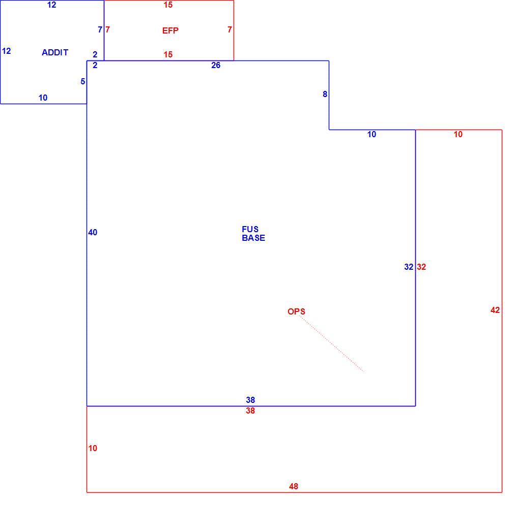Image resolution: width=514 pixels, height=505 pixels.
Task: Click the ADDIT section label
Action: pos(55,52)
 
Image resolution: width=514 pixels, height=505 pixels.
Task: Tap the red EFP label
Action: pos(170,30)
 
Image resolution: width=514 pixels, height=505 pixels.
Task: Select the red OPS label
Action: pos(296,311)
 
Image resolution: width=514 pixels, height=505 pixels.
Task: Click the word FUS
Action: pos(250,229)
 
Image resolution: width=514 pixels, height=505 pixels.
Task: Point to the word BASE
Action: pos(253,238)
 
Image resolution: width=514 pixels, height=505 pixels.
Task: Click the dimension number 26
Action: pos(216,66)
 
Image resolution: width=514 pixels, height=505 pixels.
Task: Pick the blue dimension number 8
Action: pos(325,94)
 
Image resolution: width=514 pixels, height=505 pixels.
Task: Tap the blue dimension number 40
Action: pos(93,232)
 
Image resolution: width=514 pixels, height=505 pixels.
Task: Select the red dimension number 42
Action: pos(495,310)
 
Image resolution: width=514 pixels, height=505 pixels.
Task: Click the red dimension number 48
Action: pos(294,487)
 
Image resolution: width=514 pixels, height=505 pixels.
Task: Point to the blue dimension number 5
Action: pos(83,81)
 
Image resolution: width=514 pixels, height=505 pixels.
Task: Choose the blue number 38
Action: pos(250,400)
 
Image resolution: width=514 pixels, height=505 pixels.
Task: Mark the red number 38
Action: pos(250,411)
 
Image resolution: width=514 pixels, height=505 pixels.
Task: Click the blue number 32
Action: pos(409,267)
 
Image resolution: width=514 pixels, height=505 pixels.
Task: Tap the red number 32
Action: pos(421,267)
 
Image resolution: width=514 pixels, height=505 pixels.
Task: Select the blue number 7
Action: pos(100,30)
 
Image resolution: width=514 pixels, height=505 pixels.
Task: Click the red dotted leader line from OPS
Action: pos(332,343)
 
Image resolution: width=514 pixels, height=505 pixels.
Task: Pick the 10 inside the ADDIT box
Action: pos(43,98)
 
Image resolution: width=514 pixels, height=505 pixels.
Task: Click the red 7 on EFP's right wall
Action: pos(230,30)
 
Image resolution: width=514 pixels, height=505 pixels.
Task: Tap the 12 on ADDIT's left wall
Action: pos(6,51)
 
